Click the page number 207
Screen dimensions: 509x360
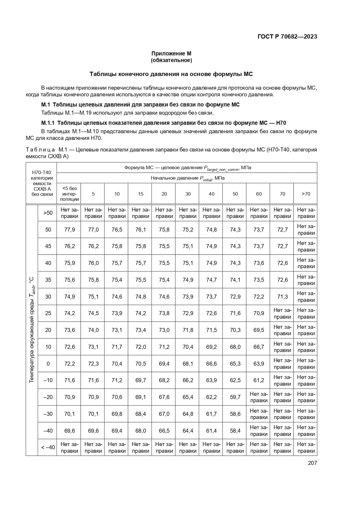[x=312, y=463]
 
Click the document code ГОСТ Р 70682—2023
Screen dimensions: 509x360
[x=287, y=37]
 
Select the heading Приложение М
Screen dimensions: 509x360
[x=171, y=53]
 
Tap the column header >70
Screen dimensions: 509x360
[x=306, y=194]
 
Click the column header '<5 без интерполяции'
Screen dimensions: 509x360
[x=69, y=194]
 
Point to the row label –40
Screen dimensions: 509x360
[x=48, y=431]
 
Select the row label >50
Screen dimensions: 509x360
[x=48, y=213]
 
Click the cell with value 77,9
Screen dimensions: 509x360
[x=69, y=230]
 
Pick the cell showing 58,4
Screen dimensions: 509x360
[x=235, y=431]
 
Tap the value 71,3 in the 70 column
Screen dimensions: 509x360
[x=282, y=297]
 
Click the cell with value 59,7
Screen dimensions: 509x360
[x=235, y=397]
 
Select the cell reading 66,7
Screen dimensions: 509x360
[x=258, y=347]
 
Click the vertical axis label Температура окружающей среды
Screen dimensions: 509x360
[x=32, y=330]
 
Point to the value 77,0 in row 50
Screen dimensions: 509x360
[x=93, y=230]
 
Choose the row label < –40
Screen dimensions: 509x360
[x=48, y=447]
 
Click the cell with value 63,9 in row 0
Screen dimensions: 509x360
[x=258, y=364]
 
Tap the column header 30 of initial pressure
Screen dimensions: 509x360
[x=188, y=194]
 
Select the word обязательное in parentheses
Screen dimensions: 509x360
[x=171, y=60]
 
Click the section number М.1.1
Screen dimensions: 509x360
[x=48, y=123]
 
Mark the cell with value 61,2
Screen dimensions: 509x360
[x=258, y=380]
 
